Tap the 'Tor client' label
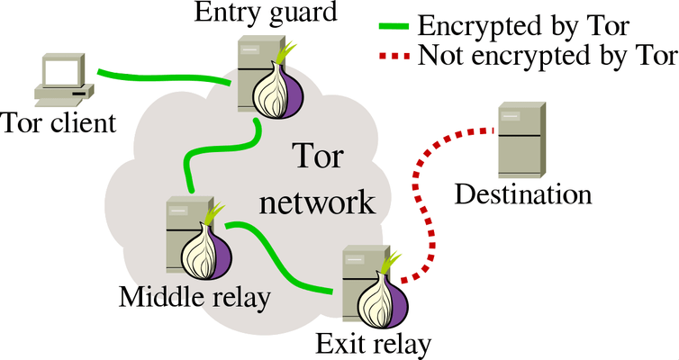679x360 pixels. point(59,121)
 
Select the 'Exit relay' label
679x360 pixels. point(374,343)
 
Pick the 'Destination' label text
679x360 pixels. point(523,194)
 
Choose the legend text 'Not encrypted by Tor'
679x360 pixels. point(548,57)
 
